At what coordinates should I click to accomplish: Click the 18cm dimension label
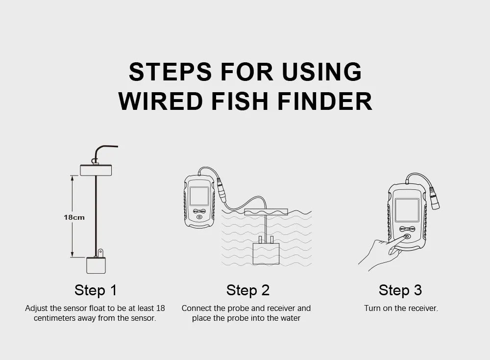pos(74,217)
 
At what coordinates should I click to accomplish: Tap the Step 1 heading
pos(96,290)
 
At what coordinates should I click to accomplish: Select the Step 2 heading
pos(247,290)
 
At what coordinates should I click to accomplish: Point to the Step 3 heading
pos(400,290)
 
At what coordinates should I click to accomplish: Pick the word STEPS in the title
pos(170,72)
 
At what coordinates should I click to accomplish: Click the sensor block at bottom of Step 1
pos(96,265)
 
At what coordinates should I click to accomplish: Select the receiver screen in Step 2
pos(199,196)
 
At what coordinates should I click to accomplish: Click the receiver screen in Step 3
pos(407,210)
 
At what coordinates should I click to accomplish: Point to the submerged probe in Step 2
pos(265,253)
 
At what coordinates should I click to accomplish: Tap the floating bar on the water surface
pos(265,212)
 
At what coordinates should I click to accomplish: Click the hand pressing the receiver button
pos(380,253)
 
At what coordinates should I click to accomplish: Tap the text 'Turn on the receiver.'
pos(401,309)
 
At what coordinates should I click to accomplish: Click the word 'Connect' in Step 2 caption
pos(196,309)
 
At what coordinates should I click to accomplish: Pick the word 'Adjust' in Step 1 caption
pos(36,309)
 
